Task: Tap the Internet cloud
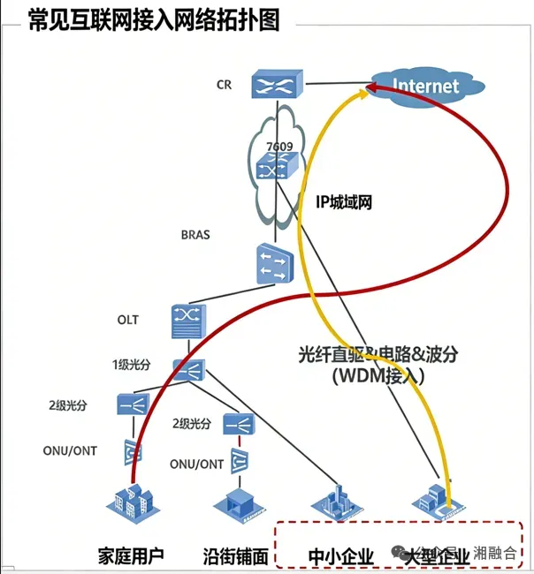426,86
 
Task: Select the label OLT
127,319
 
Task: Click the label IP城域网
344,202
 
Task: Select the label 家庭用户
131,556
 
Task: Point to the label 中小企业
341,556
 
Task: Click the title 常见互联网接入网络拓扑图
154,21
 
